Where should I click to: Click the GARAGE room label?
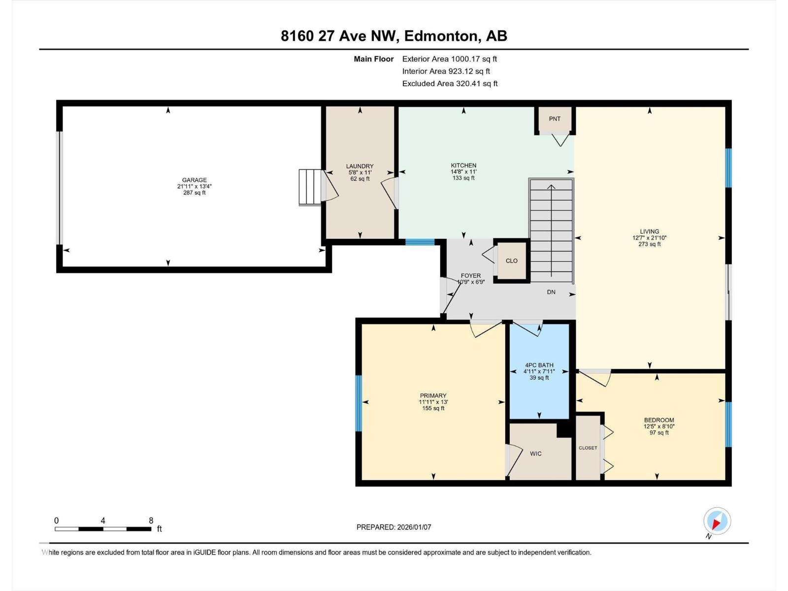194,180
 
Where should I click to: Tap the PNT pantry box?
555,119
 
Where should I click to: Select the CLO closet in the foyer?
511,261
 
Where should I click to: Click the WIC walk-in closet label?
536,454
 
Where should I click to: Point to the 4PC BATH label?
539,365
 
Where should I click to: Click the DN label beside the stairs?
551,292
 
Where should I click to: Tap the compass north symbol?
717,521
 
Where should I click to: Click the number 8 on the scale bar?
151,521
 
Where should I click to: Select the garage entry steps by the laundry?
310,187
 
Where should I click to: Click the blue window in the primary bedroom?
359,403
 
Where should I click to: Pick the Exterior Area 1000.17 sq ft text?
449,59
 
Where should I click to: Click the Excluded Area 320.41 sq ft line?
449,83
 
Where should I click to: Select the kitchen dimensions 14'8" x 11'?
463,172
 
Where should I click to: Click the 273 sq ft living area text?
649,244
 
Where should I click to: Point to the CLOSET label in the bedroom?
588,448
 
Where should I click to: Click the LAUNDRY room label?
360,166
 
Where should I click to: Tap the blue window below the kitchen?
420,242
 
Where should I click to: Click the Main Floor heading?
373,59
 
